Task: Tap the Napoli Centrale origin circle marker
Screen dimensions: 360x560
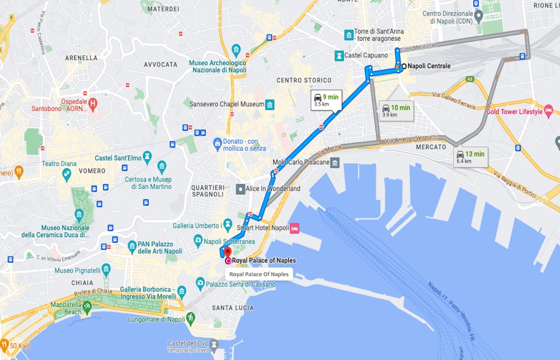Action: (404, 66)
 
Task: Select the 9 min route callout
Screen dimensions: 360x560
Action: (326, 99)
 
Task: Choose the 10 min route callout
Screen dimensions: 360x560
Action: (396, 110)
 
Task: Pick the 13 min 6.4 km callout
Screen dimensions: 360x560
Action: (471, 156)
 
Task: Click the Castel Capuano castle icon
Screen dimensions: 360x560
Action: (340, 55)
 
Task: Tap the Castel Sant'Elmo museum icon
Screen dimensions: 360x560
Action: (147, 156)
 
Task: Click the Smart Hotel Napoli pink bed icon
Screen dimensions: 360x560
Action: (295, 228)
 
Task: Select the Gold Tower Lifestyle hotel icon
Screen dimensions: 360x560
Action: (548, 110)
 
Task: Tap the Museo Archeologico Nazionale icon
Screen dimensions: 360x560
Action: (236, 51)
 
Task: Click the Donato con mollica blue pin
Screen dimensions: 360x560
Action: (217, 143)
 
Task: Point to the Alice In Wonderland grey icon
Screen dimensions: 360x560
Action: (240, 189)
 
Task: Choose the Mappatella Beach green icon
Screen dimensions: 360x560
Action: (87, 306)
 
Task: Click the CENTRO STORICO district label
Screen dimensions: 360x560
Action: (304, 80)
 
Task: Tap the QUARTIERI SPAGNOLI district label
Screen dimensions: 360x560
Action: (208, 191)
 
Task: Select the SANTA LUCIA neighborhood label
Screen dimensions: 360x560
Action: (232, 308)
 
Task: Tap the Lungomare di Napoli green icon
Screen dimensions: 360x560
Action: (191, 317)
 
